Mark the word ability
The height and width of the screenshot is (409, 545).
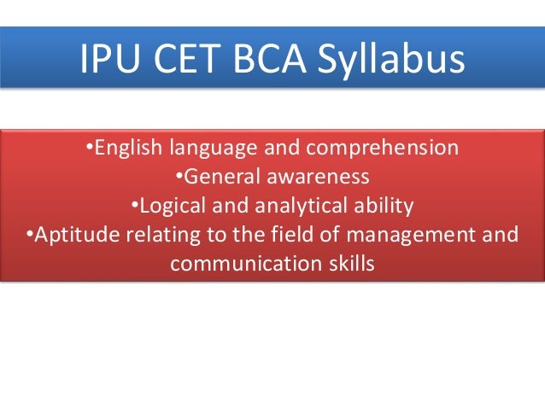coord(382,207)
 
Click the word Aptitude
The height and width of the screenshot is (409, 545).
coord(69,236)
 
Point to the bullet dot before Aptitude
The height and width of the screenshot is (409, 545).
coord(30,236)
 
